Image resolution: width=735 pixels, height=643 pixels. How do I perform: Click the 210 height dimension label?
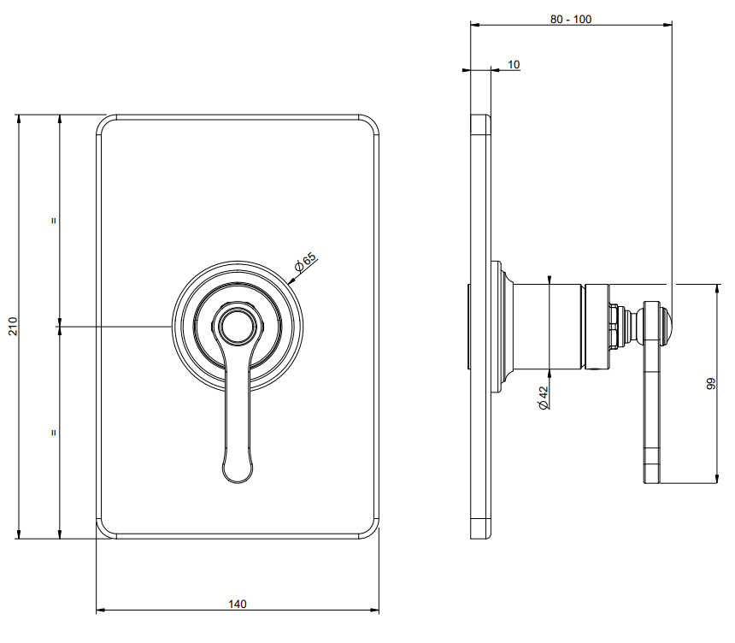coord(13,326)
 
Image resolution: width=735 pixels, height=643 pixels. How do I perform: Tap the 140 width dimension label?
coord(238,604)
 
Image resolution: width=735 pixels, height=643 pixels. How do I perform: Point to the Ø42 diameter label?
coord(544,398)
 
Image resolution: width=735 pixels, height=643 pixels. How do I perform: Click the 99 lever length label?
coord(711,384)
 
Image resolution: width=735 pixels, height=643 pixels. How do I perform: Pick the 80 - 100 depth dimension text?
coord(570,19)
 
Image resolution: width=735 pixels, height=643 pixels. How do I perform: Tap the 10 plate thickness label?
coord(514,65)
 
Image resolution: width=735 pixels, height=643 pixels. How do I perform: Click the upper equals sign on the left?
coord(54,221)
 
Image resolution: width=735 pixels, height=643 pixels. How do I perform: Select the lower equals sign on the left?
coord(54,433)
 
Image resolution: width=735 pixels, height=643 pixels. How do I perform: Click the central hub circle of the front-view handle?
coord(238,326)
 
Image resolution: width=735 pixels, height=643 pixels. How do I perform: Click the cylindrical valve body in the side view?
coord(548,327)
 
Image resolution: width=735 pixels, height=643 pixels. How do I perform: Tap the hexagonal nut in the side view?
coord(614,327)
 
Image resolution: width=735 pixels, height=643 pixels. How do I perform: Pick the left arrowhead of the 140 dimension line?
coord(100,611)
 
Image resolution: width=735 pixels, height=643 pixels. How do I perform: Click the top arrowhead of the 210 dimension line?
coord(19,119)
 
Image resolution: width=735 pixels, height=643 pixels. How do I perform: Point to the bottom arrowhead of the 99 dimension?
coord(717,478)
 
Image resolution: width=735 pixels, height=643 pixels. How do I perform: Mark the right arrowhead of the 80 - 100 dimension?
coord(667,25)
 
